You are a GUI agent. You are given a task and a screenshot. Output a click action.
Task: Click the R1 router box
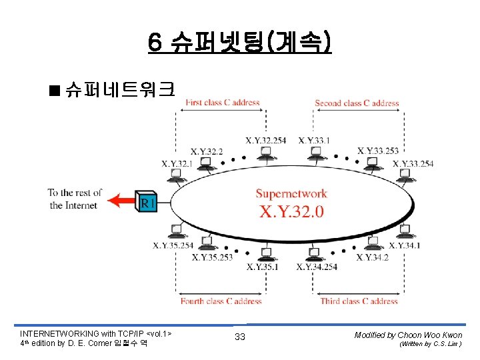tap(147, 200)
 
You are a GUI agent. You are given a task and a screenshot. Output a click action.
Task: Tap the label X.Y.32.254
tap(266, 140)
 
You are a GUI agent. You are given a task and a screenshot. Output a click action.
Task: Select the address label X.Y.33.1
tap(314, 140)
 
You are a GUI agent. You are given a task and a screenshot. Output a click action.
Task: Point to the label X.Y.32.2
tap(207, 151)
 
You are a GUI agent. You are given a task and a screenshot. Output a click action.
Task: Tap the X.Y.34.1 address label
tap(405, 245)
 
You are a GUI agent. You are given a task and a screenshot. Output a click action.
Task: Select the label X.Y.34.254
tap(317, 267)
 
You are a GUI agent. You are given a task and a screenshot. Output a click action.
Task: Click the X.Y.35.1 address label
tap(263, 267)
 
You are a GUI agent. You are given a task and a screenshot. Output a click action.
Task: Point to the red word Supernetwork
tap(291, 194)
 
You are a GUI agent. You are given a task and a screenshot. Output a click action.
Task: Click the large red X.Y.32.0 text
tap(291, 211)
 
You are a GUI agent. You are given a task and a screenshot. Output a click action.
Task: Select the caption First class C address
tap(222, 103)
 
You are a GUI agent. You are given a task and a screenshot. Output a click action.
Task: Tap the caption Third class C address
tap(357, 301)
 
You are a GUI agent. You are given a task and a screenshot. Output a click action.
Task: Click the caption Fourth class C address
tap(221, 301)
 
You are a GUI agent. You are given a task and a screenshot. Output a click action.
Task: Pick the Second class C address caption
tap(357, 103)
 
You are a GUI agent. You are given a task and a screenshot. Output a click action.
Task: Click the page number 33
tap(240, 337)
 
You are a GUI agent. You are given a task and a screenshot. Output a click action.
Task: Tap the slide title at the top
tap(240, 44)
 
